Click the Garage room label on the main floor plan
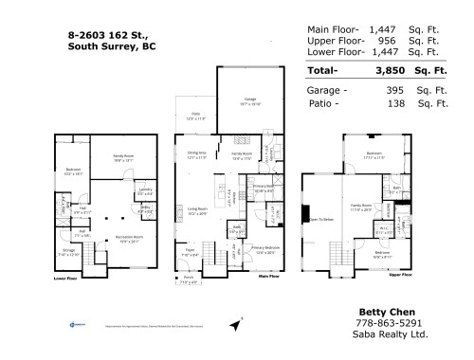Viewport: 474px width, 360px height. click(x=250, y=99)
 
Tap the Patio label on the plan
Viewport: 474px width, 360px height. click(x=195, y=117)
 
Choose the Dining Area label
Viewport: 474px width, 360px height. click(x=196, y=153)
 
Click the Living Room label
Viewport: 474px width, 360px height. click(x=197, y=210)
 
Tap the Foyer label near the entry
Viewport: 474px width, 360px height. click(x=191, y=251)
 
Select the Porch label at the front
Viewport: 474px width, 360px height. click(x=190, y=279)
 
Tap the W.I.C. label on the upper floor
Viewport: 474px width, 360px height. click(x=384, y=228)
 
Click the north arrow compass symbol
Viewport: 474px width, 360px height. click(x=235, y=326)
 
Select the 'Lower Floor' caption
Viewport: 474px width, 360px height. click(x=65, y=279)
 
